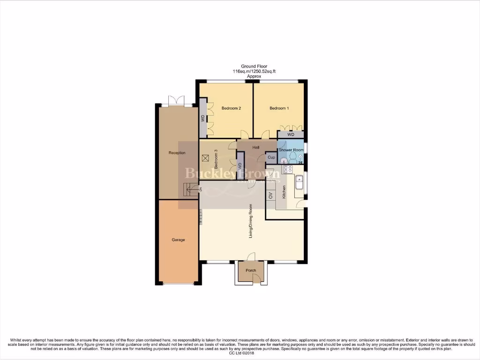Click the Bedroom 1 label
279,108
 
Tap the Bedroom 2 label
231,108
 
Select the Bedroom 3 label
216,159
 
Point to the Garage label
178,240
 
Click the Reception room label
177,153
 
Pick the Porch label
251,270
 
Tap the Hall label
256,148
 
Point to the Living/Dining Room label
251,221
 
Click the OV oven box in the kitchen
270,195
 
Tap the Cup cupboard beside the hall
271,158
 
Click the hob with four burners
287,169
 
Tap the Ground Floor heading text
254,67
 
